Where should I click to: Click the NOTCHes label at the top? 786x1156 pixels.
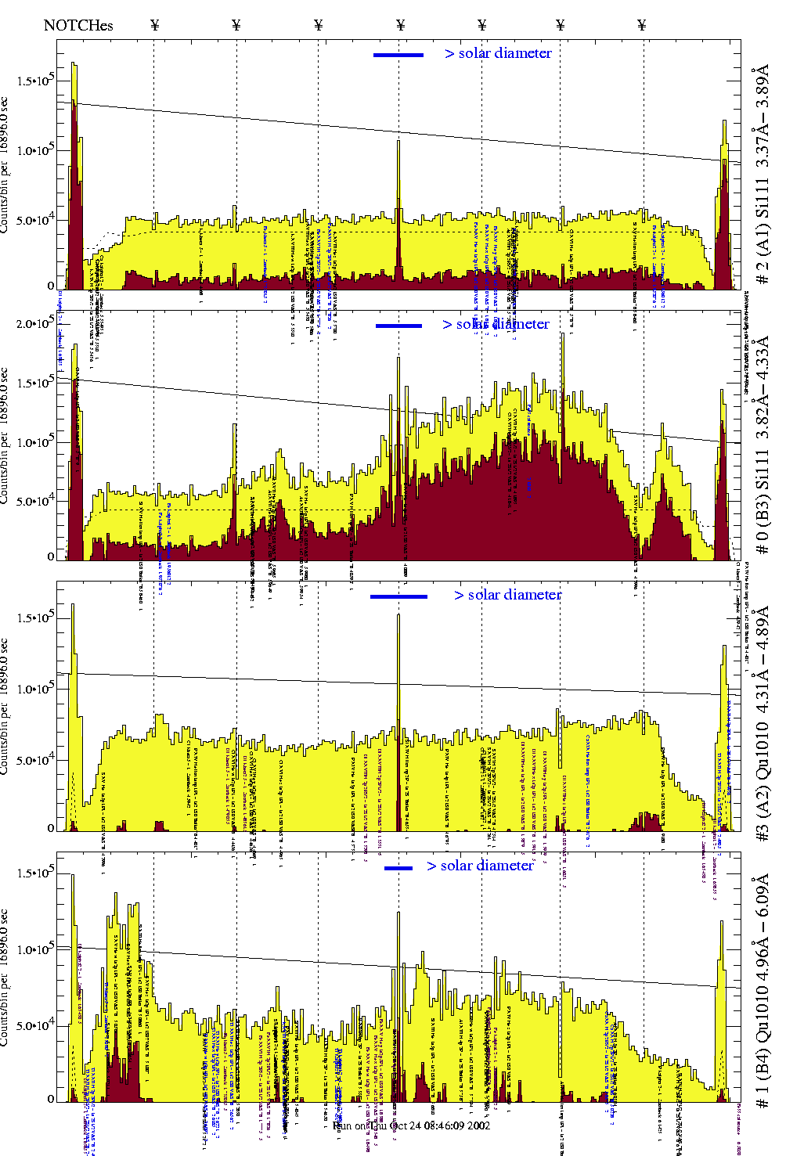(x=78, y=25)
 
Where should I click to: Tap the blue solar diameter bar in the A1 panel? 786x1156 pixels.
(x=398, y=55)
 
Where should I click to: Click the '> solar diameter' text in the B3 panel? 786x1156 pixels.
(x=496, y=324)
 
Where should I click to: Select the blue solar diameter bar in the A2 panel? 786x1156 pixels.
(x=398, y=596)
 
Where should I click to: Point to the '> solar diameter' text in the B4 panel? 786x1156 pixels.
(x=480, y=866)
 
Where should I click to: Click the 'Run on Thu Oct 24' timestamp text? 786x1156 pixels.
(x=412, y=1125)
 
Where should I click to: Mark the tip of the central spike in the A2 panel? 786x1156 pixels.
(x=398, y=615)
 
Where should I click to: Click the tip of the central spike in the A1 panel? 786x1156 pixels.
(x=398, y=141)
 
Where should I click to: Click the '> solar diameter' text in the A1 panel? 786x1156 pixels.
(x=498, y=53)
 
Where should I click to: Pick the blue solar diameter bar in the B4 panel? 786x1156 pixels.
(x=398, y=868)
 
